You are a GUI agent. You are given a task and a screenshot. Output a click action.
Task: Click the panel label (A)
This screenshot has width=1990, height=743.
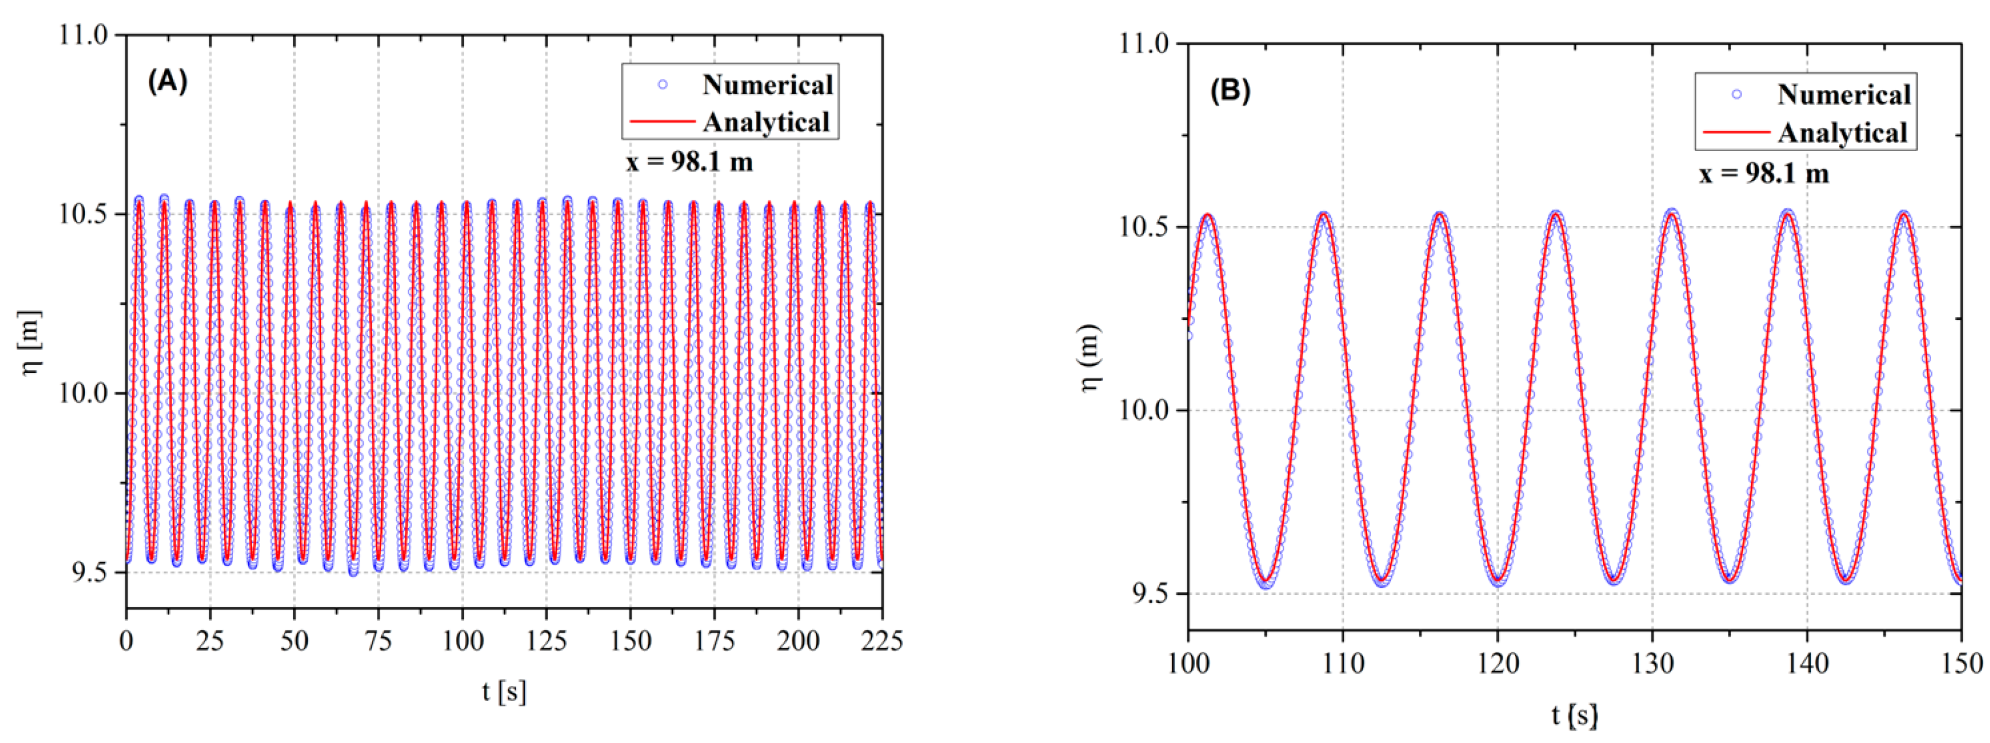167,81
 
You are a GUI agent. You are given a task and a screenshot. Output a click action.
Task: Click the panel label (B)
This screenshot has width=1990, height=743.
1229,91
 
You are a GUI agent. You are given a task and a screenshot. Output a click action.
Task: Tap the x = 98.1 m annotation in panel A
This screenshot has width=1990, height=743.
689,162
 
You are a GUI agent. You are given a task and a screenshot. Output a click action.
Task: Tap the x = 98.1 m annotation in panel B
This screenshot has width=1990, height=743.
1764,173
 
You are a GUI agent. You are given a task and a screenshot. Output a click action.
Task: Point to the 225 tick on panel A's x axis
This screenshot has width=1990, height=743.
881,641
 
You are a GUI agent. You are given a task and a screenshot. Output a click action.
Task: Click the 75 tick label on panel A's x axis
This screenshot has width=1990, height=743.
378,641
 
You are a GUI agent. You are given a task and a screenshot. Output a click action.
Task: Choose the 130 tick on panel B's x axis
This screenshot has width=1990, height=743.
1652,664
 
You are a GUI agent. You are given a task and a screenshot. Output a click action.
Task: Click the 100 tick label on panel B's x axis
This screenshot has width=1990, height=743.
1187,664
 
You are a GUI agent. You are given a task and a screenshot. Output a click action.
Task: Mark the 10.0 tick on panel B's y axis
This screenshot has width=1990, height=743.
1143,410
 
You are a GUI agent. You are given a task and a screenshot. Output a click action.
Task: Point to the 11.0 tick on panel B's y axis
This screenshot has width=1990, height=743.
1143,44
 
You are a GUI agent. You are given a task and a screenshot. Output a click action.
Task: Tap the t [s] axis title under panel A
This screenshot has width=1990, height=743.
504,690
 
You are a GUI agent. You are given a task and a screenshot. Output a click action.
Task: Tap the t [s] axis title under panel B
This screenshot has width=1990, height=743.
1574,715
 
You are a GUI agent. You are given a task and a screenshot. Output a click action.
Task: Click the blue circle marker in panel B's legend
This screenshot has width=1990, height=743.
1736,95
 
